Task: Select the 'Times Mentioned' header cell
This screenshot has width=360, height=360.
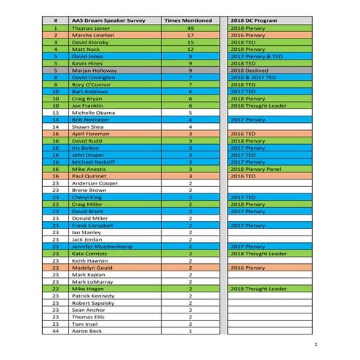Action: [x=190, y=20]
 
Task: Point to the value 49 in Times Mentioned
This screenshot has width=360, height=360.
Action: [x=190, y=28]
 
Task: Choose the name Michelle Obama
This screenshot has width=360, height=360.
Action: [x=92, y=113]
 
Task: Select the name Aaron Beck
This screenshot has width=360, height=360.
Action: [x=87, y=331]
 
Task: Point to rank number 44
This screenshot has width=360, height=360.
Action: [x=55, y=331]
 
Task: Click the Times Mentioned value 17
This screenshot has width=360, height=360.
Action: [x=190, y=35]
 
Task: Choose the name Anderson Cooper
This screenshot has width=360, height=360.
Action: [x=95, y=183]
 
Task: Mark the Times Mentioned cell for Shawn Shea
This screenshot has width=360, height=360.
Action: [x=190, y=127]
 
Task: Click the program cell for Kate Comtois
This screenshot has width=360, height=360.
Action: [x=260, y=254]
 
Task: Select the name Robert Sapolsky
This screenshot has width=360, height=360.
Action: [x=93, y=303]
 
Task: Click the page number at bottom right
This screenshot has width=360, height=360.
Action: [x=315, y=343]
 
